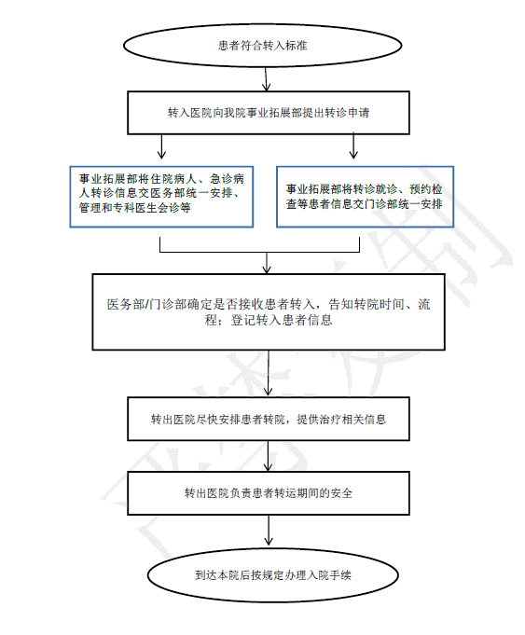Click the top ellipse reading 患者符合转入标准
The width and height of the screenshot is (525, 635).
tap(263, 45)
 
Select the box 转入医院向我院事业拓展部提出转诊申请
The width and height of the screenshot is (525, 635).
tap(269, 113)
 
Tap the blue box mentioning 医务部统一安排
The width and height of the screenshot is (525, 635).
tap(161, 197)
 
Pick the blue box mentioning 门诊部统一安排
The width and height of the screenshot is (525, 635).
tap(365, 197)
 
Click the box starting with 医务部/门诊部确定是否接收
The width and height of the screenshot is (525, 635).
tap(269, 311)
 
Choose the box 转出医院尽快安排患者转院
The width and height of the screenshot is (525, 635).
tap(269, 419)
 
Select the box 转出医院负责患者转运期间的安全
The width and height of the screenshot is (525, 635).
tap(269, 493)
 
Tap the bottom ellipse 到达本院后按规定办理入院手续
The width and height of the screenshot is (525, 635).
tap(272, 575)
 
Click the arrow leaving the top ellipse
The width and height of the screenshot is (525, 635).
tap(266, 79)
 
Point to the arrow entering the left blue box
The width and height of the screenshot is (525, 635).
tap(161, 146)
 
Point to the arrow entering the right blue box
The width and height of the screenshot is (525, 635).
tap(353, 145)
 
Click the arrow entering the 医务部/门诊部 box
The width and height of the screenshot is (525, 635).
tap(267, 263)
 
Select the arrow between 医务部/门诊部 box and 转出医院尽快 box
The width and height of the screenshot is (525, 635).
tap(269, 373)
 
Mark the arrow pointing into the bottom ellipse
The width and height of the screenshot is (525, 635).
tap(269, 531)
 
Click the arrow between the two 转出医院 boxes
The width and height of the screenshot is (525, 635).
tap(268, 456)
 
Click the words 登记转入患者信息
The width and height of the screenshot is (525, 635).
tap(282, 320)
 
